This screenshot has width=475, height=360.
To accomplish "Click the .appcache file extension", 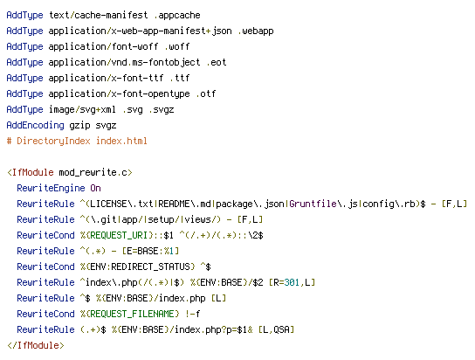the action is point(177,15).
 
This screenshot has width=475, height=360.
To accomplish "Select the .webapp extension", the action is point(256,31).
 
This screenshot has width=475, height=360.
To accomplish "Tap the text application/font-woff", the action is point(103,46).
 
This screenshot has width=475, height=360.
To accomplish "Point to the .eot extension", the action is point(217,62).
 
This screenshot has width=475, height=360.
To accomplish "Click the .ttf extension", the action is point(180,78).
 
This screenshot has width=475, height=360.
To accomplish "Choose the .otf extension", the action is point(206,94).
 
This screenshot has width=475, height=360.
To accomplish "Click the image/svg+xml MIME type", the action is point(82,110).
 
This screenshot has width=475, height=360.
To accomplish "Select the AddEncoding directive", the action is point(36,126).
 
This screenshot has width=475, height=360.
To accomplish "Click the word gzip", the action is point(79,126).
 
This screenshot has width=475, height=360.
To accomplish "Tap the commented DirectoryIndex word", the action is point(53,142).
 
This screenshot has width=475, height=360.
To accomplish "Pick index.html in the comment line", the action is point(121,142).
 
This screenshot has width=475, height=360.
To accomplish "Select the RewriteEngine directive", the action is point(51,189).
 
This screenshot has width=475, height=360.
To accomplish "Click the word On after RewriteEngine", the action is point(95,189).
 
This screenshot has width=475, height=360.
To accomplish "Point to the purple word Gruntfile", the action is point(313,204).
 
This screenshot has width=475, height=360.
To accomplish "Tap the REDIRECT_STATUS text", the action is point(150,267).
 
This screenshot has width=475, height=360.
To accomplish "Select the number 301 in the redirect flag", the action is point(292,283).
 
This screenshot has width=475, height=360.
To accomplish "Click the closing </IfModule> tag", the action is point(36,345).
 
